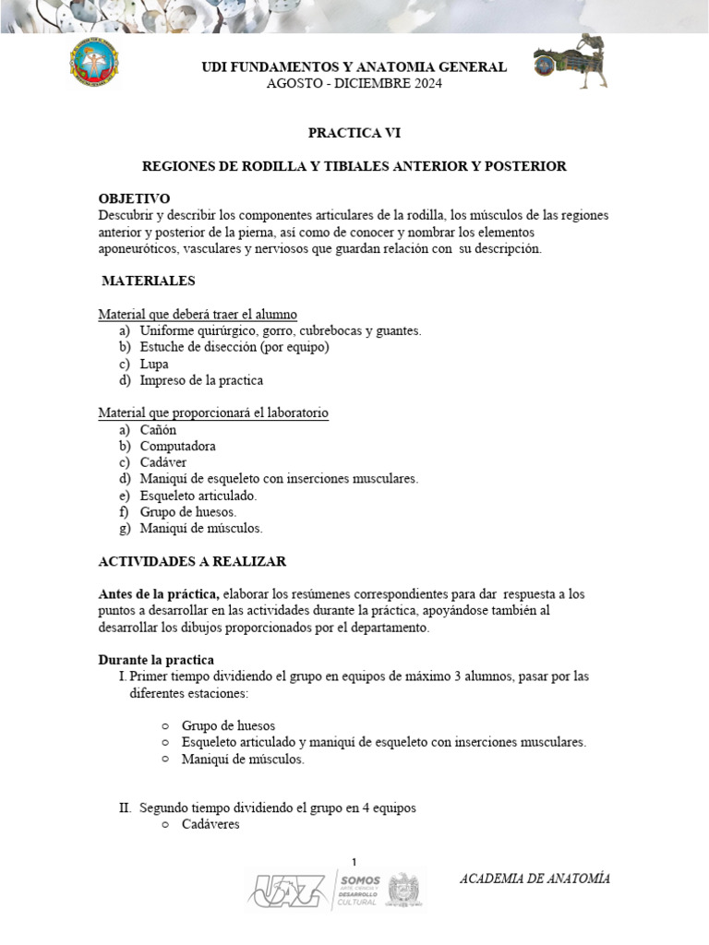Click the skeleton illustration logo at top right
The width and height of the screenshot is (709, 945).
(571, 62)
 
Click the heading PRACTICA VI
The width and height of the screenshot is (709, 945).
(354, 133)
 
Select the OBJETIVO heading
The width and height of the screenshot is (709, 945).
(134, 198)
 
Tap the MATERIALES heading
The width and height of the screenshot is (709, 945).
(148, 281)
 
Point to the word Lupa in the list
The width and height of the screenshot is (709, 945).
(154, 364)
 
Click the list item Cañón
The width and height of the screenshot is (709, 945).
(158, 430)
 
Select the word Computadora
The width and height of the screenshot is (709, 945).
(178, 447)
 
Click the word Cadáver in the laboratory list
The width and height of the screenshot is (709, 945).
(164, 462)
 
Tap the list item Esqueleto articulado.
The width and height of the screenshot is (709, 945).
(198, 496)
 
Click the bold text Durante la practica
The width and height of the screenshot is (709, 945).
(156, 660)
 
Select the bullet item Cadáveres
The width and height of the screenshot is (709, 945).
(210, 824)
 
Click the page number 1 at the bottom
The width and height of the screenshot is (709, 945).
(354, 860)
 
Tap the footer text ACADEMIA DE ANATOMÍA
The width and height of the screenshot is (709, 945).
(535, 879)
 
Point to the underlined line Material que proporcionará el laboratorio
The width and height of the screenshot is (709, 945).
(213, 413)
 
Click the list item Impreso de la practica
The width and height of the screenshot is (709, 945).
(201, 380)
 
